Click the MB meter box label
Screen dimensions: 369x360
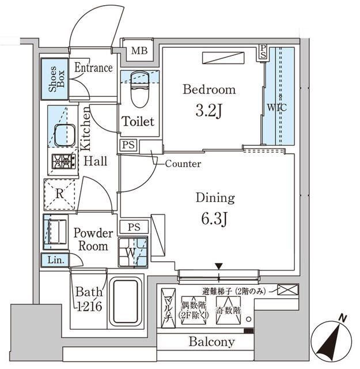139,50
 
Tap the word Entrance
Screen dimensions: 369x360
93,67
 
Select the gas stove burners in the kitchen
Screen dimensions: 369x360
64,162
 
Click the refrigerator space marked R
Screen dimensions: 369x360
60,194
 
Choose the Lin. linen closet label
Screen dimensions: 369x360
56,261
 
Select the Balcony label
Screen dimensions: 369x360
212,342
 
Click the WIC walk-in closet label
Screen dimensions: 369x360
276,107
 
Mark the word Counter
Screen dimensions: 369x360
183,164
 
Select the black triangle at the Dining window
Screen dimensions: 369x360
218,266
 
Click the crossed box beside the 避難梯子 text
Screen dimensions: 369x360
287,289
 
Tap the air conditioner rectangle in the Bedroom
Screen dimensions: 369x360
223,58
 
